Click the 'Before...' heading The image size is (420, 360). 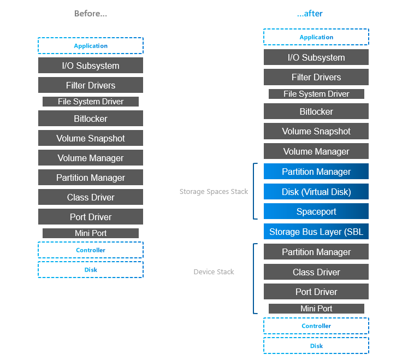pyautogui.click(x=91, y=14)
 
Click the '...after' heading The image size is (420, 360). pyautogui.click(x=310, y=14)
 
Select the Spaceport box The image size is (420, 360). pyautogui.click(x=316, y=211)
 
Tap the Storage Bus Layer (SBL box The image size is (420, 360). pyautogui.click(x=316, y=232)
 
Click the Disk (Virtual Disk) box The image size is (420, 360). pyautogui.click(x=316, y=192)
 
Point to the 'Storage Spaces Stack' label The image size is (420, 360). pyautogui.click(x=214, y=192)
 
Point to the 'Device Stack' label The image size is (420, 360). pyautogui.click(x=214, y=272)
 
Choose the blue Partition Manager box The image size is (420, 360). pyautogui.click(x=316, y=172)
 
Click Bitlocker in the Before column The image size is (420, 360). pyautogui.click(x=91, y=119)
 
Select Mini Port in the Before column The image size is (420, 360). pyautogui.click(x=91, y=233)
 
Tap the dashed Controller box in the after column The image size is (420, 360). pyautogui.click(x=316, y=326)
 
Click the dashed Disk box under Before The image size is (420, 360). pyautogui.click(x=91, y=269)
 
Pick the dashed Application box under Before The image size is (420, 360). pyautogui.click(x=91, y=46)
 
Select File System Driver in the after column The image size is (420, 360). pyautogui.click(x=316, y=94)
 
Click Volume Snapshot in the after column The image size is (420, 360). pyautogui.click(x=316, y=131)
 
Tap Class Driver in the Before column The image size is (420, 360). pyautogui.click(x=91, y=197)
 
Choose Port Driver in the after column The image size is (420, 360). pyautogui.click(x=316, y=292)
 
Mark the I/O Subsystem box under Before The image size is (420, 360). pyautogui.click(x=91, y=66)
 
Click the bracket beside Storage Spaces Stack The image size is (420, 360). pyautogui.click(x=254, y=191)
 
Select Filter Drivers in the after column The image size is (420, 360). pyautogui.click(x=316, y=77)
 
